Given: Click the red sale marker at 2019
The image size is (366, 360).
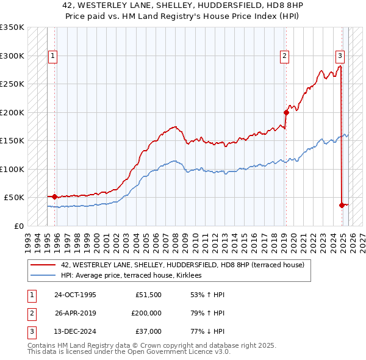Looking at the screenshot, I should click(286, 112).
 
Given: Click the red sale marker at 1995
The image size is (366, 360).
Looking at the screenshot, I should click(55, 196).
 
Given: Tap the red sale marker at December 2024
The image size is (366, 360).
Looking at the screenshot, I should click(342, 205).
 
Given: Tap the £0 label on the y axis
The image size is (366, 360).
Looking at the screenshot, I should click(18, 226).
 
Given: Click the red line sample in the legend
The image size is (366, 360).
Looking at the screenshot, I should click(43, 265).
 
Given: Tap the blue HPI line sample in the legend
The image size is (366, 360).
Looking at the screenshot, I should click(43, 276).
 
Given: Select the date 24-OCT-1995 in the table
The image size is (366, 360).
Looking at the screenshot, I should click(75, 295).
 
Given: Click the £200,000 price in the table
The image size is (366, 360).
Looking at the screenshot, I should click(146, 313).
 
